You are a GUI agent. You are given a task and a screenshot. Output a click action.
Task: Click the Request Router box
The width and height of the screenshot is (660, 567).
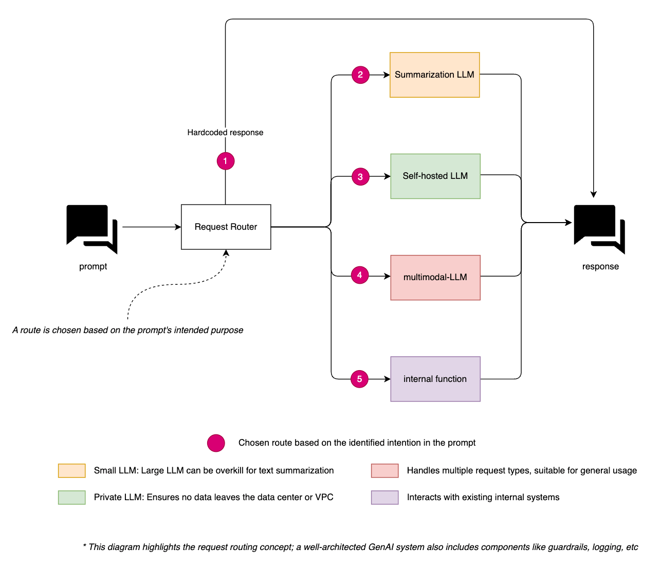(226, 227)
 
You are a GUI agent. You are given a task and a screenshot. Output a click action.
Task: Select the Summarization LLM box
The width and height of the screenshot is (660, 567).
(434, 75)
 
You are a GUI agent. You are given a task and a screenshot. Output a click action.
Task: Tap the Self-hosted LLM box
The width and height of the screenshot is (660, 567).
(435, 176)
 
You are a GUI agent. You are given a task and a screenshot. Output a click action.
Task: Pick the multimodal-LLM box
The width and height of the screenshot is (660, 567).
(435, 278)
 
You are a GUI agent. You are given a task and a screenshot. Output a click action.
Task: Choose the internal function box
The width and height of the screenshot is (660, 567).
(435, 379)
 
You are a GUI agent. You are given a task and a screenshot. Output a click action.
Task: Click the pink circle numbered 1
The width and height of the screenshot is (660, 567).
(226, 161)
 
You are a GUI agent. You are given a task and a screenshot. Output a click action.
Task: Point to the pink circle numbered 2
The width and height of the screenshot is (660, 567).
(360, 75)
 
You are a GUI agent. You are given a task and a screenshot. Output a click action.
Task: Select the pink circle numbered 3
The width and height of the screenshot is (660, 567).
(360, 176)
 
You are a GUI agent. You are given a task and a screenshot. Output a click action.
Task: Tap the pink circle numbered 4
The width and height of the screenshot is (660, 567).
(360, 275)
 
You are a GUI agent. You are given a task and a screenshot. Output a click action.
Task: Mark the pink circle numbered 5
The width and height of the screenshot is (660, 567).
(359, 379)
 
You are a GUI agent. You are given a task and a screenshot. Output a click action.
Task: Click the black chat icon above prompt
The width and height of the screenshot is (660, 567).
(91, 229)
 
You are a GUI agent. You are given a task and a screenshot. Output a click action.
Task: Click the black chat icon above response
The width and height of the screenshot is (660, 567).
(599, 229)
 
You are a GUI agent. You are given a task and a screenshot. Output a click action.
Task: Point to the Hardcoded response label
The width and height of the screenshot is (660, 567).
(225, 133)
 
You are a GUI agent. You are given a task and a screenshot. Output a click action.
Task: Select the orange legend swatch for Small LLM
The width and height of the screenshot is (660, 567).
(72, 470)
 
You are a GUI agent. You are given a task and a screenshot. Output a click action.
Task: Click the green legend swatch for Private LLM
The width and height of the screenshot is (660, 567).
(72, 498)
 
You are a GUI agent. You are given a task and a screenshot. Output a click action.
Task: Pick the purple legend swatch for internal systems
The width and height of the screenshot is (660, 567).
(385, 498)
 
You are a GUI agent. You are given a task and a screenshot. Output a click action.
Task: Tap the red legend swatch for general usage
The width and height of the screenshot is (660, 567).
(385, 470)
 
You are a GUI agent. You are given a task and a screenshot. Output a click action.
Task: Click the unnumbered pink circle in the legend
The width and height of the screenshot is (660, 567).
(216, 443)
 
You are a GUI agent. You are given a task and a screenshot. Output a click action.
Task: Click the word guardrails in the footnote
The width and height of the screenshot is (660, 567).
(567, 547)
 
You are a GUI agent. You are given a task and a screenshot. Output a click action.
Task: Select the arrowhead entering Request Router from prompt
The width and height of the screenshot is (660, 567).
(178, 227)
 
